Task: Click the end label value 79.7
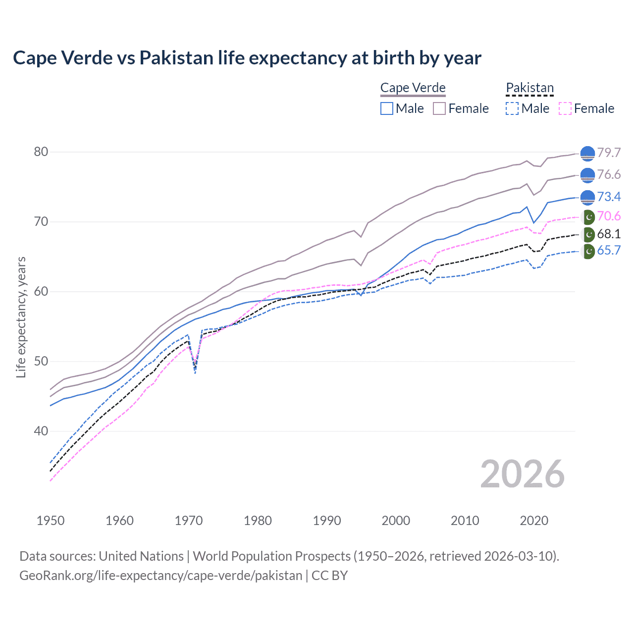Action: [x=609, y=153]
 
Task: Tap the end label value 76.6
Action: [x=609, y=174]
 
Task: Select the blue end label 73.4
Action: [x=609, y=197]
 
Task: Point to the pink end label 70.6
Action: [x=609, y=216]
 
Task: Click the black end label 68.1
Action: [x=609, y=234]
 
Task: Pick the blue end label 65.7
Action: [x=609, y=250]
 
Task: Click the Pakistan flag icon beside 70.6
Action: [x=588, y=217]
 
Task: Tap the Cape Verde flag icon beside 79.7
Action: [x=587, y=154]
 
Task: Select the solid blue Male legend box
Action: [x=387, y=108]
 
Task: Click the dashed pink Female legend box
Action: [x=565, y=108]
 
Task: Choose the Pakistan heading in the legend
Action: [x=529, y=88]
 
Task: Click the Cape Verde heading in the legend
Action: [x=413, y=88]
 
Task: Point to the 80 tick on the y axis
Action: [x=41, y=152]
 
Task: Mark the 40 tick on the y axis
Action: [x=41, y=431]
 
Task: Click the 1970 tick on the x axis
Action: [x=189, y=521]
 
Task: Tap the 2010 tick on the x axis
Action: [x=465, y=521]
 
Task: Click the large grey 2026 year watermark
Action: [x=522, y=474]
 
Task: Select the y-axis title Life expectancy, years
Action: [x=21, y=317]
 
